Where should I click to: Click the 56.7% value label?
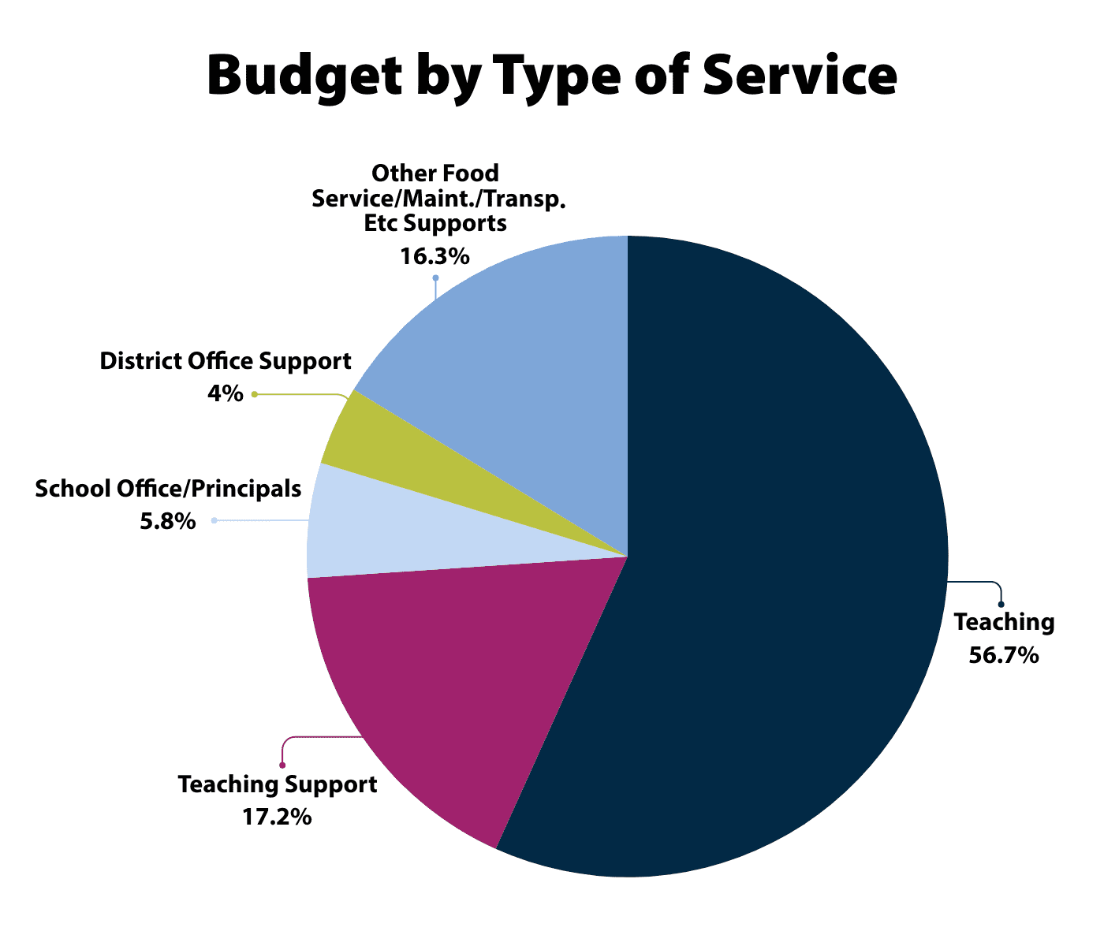[1003, 655]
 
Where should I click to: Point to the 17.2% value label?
[277, 817]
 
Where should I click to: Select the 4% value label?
[226, 393]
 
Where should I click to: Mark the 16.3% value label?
[435, 256]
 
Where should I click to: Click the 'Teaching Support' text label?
[278, 785]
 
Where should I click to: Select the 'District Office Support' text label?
[226, 362]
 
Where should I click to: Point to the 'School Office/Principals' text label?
[168, 489]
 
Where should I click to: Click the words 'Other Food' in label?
[435, 173]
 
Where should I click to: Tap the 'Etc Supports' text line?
[435, 223]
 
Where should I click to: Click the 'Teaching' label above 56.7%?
[1004, 622]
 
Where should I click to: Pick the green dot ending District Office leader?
[255, 394]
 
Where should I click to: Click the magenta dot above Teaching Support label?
[282, 765]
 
